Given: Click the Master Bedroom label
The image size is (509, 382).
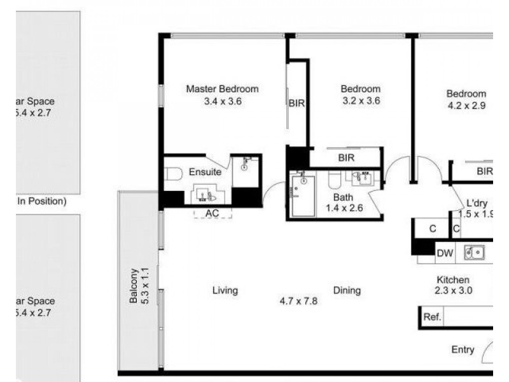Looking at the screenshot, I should tap(222, 88).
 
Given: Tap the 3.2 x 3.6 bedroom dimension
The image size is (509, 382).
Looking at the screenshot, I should tap(360, 100).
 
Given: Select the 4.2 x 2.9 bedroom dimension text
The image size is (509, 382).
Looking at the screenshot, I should tap(466, 106).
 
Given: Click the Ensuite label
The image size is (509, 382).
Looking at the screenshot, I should tap(205, 172).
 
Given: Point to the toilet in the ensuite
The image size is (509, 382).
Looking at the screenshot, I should tap(172, 174).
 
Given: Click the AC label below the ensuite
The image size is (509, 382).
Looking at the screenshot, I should tap(212, 213).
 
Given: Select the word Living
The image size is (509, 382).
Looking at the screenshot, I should tap(225, 290).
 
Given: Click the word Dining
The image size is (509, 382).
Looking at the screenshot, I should tap(347, 290).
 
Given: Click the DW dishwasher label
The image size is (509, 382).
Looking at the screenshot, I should tap(444, 253).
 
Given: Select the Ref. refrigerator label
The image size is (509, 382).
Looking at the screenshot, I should tap(433, 316).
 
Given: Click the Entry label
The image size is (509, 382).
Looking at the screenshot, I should tap(463, 350).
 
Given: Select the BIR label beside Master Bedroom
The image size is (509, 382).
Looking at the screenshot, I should tap(296, 103).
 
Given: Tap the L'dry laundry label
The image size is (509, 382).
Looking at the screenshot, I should tap(477, 203).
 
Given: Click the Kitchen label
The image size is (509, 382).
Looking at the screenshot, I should tap(452, 280).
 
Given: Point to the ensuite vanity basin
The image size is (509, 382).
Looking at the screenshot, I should tap(206, 194).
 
